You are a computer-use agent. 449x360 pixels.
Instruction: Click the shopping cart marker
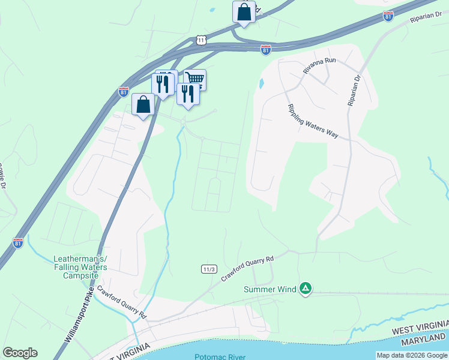195,79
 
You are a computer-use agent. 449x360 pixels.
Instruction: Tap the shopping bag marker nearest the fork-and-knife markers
143,105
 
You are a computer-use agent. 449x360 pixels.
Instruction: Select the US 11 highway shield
201,40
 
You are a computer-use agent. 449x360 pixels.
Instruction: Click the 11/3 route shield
208,269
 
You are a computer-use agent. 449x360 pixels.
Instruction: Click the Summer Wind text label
270,289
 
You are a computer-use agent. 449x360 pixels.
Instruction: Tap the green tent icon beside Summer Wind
306,289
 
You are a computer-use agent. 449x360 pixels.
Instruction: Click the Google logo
20,353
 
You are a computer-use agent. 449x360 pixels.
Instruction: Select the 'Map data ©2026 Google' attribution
412,355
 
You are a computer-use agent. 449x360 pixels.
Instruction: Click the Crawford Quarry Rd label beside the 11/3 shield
247,268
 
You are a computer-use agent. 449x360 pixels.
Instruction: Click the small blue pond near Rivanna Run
261,84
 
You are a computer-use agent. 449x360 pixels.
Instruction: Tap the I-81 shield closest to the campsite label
18,242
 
